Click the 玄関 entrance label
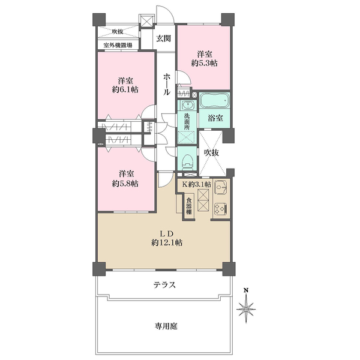(x=164, y=38)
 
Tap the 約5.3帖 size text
(x=203, y=61)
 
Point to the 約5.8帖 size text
(x=125, y=183)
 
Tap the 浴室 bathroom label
(x=215, y=118)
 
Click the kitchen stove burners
(x=220, y=209)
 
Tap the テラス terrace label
(x=164, y=285)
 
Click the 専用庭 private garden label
(x=166, y=326)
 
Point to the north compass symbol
(x=246, y=308)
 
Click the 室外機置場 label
(x=118, y=45)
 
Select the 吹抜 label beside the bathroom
(x=211, y=153)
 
